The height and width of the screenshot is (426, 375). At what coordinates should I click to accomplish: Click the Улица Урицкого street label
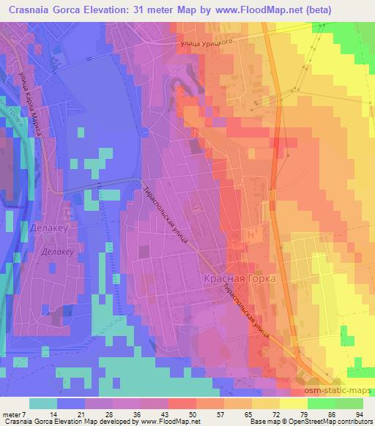tap(207, 44)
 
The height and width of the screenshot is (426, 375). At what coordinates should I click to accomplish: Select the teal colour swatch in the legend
tap(42, 403)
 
